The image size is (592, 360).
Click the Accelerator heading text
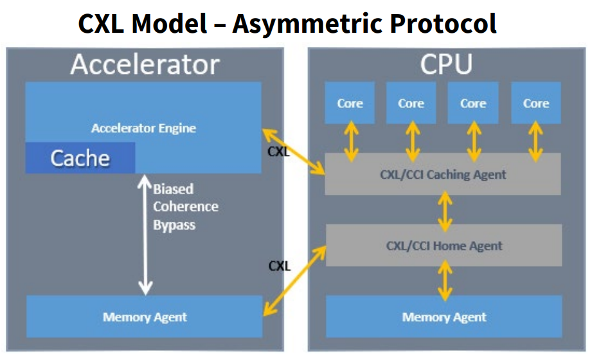pyautogui.click(x=145, y=64)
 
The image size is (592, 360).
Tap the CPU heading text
pyautogui.click(x=446, y=64)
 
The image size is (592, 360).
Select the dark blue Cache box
pyautogui.click(x=80, y=158)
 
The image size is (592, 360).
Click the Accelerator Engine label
pyautogui.click(x=143, y=128)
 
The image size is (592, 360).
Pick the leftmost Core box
pyautogui.click(x=350, y=103)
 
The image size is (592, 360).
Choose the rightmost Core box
pyautogui.click(x=535, y=103)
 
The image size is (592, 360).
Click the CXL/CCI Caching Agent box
pyautogui.click(x=443, y=174)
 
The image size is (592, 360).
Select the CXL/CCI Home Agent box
pyautogui.click(x=444, y=246)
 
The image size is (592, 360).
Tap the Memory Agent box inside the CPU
pyautogui.click(x=444, y=316)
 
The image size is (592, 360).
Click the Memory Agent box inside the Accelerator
pyautogui.click(x=144, y=316)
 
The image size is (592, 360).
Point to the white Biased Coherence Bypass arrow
pyautogui.click(x=145, y=234)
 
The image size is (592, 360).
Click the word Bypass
pyautogui.click(x=174, y=225)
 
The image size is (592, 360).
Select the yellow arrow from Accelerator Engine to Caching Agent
pyautogui.click(x=293, y=152)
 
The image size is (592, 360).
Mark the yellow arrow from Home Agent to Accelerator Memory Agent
pyautogui.click(x=294, y=280)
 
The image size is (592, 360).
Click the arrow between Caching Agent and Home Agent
pyautogui.click(x=445, y=211)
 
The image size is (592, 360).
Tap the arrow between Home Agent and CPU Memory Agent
pyautogui.click(x=445, y=282)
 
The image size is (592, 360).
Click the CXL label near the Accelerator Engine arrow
pyautogui.click(x=278, y=152)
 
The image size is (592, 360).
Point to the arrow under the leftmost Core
pyautogui.click(x=351, y=141)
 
